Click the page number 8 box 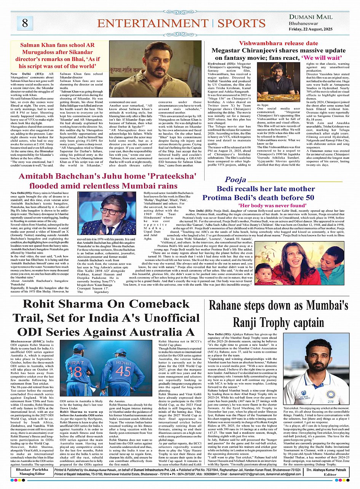coord(25,23)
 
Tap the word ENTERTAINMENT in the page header coord(153,23)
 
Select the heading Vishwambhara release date coord(276,43)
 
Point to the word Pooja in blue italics coord(235,180)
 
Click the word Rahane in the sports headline coord(233,306)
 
